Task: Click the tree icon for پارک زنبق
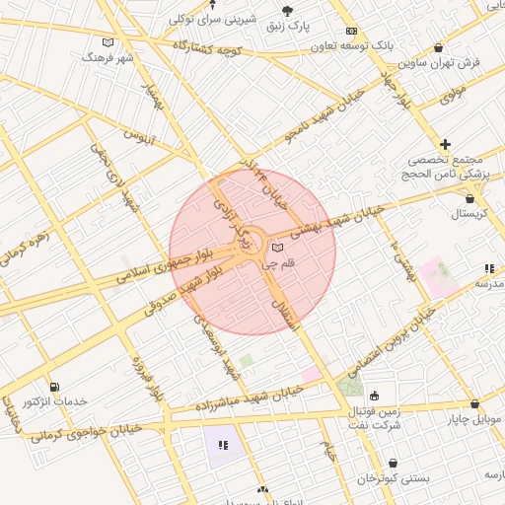click(288, 11)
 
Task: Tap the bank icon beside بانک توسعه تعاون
click(352, 32)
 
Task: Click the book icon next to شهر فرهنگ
click(108, 42)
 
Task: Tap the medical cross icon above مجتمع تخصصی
click(446, 144)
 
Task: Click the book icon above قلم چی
click(277, 247)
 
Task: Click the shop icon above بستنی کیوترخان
click(393, 462)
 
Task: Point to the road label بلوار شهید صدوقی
click(188, 293)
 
